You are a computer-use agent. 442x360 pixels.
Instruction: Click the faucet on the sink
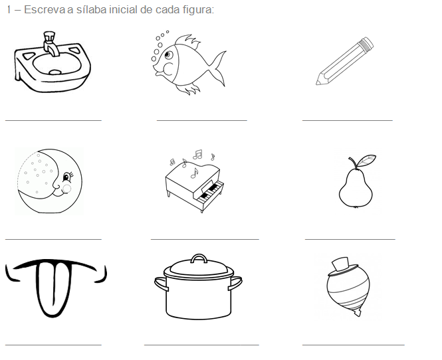tap(51, 43)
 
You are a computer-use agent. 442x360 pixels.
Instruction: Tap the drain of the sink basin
tap(55, 72)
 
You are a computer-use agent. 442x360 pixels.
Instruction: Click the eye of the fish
tap(169, 54)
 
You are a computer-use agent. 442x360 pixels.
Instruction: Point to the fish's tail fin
tap(218, 68)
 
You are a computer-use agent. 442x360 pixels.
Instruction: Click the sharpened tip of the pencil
tap(318, 82)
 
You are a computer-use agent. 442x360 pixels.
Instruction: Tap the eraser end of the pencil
tap(366, 43)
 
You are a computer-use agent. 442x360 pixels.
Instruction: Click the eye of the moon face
tap(67, 177)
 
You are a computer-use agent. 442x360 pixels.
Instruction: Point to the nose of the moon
tap(56, 185)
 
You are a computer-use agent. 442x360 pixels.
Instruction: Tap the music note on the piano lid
tap(194, 173)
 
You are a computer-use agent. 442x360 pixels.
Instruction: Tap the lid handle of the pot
tap(199, 258)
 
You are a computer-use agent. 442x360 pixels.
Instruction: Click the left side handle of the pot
tap(162, 284)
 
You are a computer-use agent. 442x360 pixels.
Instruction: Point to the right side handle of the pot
tap(235, 283)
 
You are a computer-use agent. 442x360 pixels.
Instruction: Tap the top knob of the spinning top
tap(341, 264)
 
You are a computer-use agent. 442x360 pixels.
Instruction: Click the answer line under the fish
tap(202, 120)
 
